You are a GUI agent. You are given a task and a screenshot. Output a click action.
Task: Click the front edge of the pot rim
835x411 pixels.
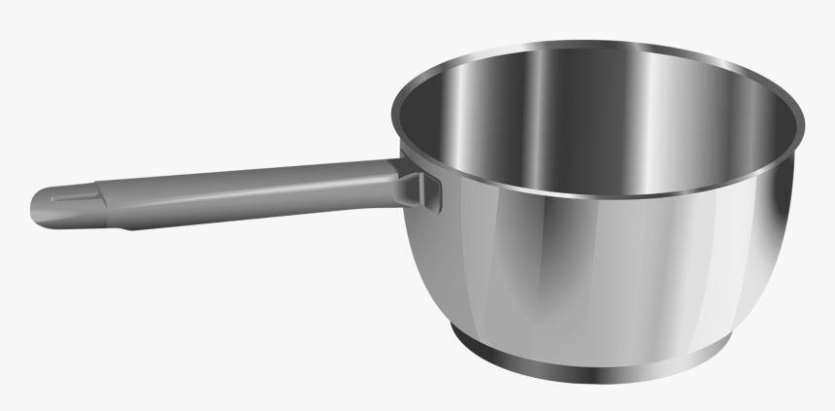point(592,191)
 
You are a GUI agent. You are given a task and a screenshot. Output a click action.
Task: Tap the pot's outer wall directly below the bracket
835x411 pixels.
point(437,253)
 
